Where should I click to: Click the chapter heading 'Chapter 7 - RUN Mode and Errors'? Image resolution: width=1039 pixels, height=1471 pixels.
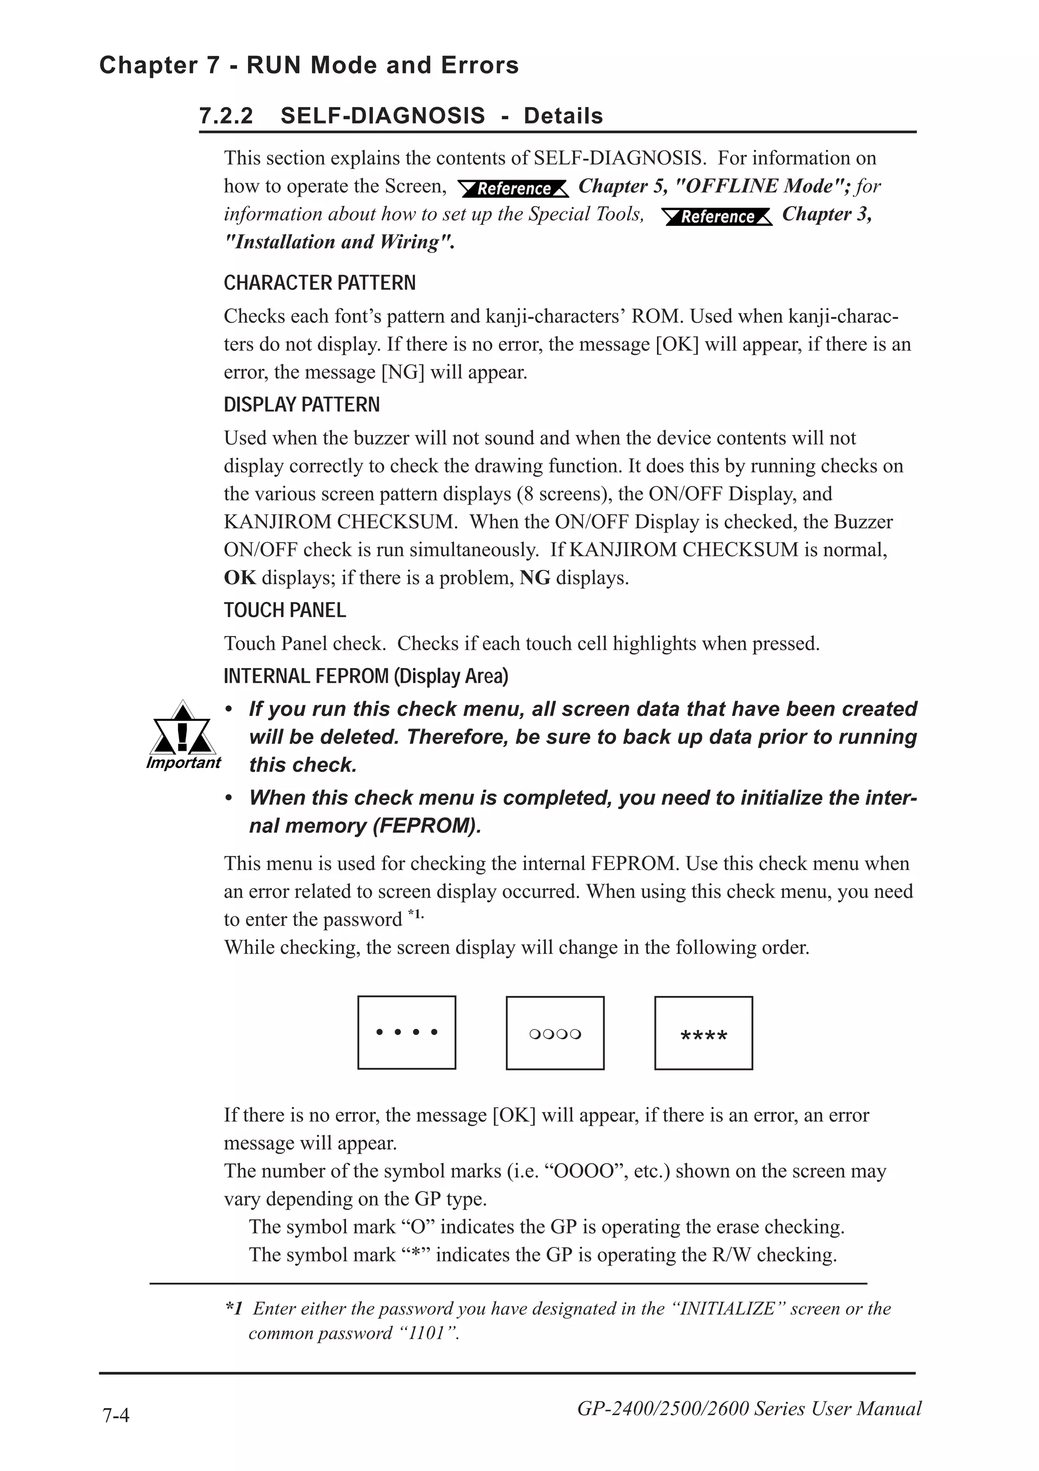pyautogui.click(x=308, y=65)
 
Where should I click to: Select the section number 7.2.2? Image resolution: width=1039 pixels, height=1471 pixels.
pyautogui.click(x=226, y=116)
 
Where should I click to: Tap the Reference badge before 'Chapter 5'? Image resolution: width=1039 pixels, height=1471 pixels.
pyautogui.click(x=513, y=188)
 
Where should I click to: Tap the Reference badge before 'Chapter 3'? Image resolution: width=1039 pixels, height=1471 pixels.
pyautogui.click(x=717, y=217)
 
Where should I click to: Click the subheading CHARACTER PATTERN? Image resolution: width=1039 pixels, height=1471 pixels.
pyautogui.click(x=320, y=283)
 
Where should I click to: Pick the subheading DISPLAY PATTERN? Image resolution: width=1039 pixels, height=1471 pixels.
pyautogui.click(x=301, y=405)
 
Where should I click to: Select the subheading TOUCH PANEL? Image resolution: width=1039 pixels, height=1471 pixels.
pyautogui.click(x=285, y=610)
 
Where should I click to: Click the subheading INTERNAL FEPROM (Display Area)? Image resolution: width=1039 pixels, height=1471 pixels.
pyautogui.click(x=366, y=676)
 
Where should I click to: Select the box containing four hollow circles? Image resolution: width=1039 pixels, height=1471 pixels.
pyautogui.click(x=555, y=1033)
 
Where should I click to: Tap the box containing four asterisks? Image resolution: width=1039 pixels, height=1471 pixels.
pyautogui.click(x=704, y=1033)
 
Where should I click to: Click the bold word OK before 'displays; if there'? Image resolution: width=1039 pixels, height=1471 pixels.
pyautogui.click(x=239, y=578)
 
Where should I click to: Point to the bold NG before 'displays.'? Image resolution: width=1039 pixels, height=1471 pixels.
pyautogui.click(x=535, y=578)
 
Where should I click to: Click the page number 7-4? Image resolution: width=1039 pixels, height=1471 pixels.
pyautogui.click(x=116, y=1415)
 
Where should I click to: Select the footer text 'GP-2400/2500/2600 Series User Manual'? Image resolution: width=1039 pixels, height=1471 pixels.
pyautogui.click(x=749, y=1408)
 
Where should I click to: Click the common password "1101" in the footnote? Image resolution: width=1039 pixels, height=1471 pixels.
pyautogui.click(x=428, y=1333)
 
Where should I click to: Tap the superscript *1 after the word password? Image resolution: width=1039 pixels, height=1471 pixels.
pyautogui.click(x=415, y=914)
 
